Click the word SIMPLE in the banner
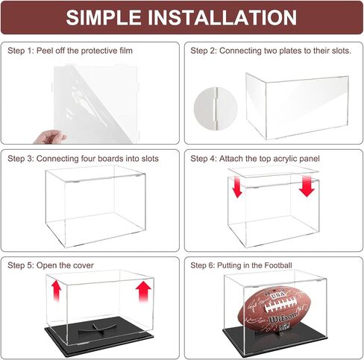(x=104, y=17)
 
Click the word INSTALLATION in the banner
(x=222, y=17)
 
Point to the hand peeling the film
(x=50, y=137)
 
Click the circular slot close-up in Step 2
(x=216, y=108)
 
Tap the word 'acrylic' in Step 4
(x=279, y=159)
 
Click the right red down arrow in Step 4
(x=307, y=186)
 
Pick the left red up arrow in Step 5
(x=57, y=291)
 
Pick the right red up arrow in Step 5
(x=143, y=291)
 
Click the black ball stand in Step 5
(x=98, y=328)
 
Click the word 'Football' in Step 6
(x=278, y=265)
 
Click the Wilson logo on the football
(x=283, y=318)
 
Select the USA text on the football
(x=275, y=296)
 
